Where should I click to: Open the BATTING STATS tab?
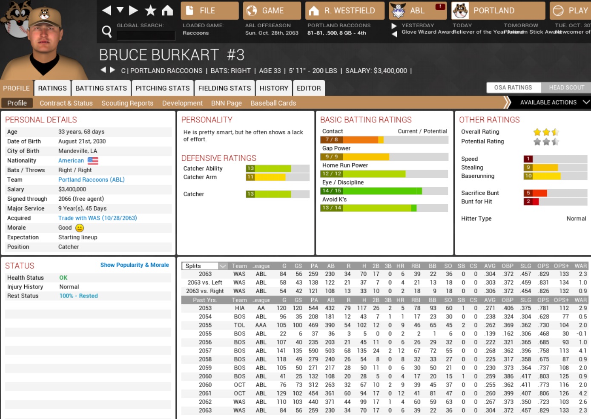pyautogui.click(x=101, y=88)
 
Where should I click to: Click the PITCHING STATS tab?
pyautogui.click(x=162, y=88)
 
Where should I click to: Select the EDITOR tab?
pyautogui.click(x=309, y=88)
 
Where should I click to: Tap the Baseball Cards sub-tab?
pyautogui.click(x=273, y=103)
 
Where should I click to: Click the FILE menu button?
pyautogui.click(x=209, y=11)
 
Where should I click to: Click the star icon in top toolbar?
pyautogui.click(x=150, y=10)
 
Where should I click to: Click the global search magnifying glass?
pyautogui.click(x=107, y=31)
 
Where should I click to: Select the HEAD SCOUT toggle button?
pyautogui.click(x=566, y=87)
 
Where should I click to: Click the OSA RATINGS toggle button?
pyautogui.click(x=513, y=87)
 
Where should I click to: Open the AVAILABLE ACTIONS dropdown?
pyautogui.click(x=554, y=102)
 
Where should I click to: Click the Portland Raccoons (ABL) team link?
pyautogui.click(x=91, y=180)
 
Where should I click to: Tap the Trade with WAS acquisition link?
pyautogui.click(x=98, y=218)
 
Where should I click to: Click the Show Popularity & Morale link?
pyautogui.click(x=135, y=265)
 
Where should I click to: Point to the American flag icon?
pyautogui.click(x=93, y=161)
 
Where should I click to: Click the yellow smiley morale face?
pyautogui.click(x=80, y=228)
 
